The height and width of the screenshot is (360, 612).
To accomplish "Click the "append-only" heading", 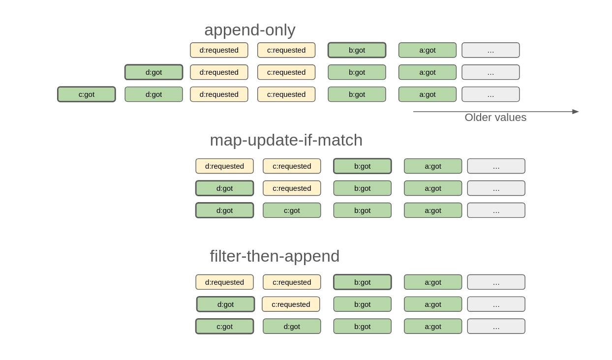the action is (250, 30).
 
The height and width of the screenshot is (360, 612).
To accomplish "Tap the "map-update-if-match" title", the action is (286, 140).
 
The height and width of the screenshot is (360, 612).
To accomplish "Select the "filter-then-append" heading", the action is (275, 256).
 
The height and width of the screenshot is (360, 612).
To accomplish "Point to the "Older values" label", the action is (495, 118).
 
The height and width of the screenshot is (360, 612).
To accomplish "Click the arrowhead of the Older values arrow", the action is (576, 112).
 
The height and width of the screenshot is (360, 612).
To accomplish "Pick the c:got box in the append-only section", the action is (86, 94).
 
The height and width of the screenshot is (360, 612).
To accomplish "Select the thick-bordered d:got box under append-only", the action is (153, 72).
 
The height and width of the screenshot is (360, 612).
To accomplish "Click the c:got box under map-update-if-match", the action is (292, 210).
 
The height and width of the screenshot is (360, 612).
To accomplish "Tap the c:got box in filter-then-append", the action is (225, 327).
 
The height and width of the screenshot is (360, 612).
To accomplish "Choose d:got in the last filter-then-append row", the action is (292, 327).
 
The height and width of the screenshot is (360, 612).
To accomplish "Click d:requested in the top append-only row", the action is (219, 50).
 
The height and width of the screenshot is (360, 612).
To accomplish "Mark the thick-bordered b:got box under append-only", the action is (357, 50).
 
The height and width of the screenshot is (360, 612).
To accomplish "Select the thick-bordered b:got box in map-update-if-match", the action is (362, 166).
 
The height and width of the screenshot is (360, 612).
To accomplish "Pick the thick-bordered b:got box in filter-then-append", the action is (362, 282).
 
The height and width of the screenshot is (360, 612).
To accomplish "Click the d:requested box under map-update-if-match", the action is (225, 166).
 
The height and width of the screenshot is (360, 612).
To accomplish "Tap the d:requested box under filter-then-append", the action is (225, 282).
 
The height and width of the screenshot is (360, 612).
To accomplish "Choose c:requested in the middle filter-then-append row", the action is (291, 304).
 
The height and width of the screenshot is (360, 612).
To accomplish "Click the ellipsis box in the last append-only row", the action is (490, 94).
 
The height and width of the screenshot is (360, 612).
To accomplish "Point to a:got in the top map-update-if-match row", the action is (433, 166).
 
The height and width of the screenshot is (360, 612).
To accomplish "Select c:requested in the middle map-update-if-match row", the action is (292, 188).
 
